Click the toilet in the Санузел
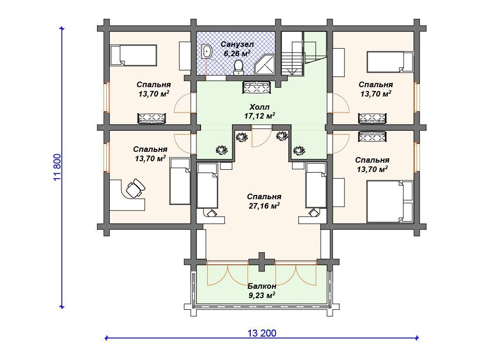coord(238,67)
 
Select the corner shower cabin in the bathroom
coord(264,64)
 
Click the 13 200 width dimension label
coord(262,333)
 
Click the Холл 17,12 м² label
coord(259,112)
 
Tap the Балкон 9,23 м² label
coord(262,291)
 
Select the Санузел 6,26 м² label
coord(237,49)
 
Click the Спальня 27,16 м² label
coord(264,201)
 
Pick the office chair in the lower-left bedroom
coord(135,188)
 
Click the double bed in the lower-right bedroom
coord(390,202)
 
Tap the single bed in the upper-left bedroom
coord(134,55)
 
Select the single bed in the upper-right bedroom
coord(390,61)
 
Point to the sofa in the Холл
coord(256,88)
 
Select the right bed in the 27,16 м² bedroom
coord(316,185)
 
